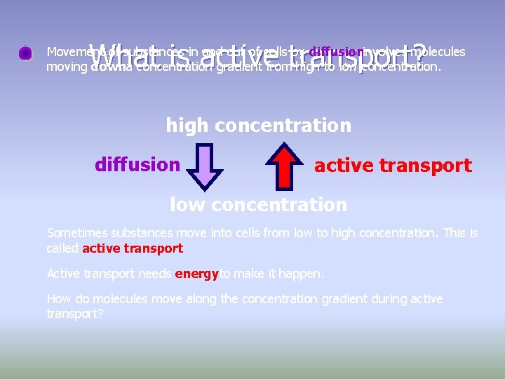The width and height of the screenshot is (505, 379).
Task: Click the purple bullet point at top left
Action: tap(25, 53)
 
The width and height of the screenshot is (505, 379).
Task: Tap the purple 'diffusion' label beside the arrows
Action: tap(137, 165)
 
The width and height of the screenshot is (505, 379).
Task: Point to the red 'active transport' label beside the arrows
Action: tap(393, 166)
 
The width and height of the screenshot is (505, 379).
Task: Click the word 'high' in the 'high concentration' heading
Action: tap(187, 126)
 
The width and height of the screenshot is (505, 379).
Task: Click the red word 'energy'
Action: tap(197, 274)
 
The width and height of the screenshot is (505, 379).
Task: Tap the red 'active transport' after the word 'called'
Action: tap(133, 248)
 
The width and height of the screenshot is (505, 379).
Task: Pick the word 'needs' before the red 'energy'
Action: tap(156, 274)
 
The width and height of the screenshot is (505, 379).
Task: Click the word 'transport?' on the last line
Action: tap(75, 314)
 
